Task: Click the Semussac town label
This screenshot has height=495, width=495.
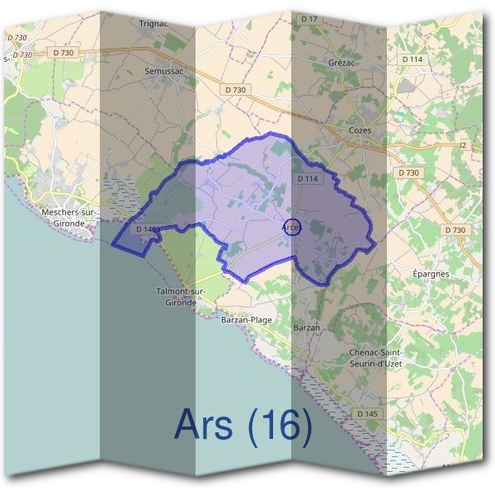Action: [163, 72]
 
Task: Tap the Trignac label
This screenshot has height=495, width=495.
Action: [153, 23]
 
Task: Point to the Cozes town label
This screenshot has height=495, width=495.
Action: [360, 130]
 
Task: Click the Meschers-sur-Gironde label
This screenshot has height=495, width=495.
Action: [68, 216]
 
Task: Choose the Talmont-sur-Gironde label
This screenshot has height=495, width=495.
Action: [176, 297]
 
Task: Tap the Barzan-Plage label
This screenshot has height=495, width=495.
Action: [247, 319]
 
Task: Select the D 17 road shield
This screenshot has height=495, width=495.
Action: [309, 18]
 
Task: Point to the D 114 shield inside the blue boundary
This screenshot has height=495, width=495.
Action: [307, 178]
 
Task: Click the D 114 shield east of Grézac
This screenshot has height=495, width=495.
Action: [412, 59]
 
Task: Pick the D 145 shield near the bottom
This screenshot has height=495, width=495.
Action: [367, 412]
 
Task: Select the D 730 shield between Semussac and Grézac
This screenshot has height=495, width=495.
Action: [235, 89]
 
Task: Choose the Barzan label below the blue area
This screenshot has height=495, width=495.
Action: [306, 328]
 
